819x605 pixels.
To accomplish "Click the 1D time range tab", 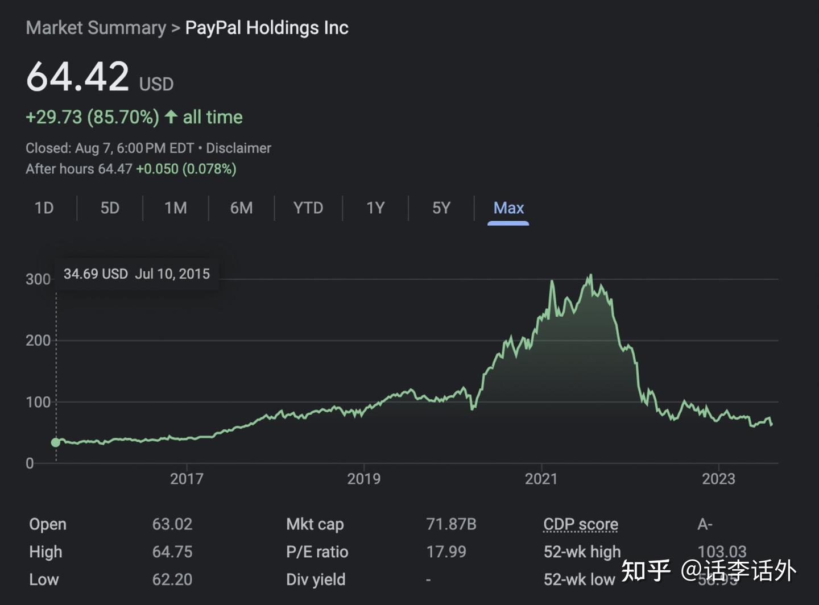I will [44, 208].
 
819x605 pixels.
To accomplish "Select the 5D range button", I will [110, 208].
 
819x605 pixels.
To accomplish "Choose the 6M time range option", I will [241, 208].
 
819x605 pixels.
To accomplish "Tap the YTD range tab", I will [308, 208].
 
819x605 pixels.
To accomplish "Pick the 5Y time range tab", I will [441, 208].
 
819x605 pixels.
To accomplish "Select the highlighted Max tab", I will [508, 208].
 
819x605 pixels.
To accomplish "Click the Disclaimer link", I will [238, 148].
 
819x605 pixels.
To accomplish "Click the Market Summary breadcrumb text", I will [96, 28].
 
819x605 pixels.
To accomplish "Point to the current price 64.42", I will [78, 77].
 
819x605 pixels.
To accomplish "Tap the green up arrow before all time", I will [171, 117].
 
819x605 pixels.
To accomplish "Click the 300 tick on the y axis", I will [38, 279].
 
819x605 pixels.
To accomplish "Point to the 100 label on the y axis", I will [38, 402].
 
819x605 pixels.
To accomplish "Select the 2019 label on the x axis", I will [364, 479].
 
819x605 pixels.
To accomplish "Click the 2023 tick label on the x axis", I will [718, 479].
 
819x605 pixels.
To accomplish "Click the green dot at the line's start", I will [56, 442].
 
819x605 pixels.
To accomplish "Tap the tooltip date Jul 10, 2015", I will [172, 274].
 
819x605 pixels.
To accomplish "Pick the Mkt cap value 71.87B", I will [451, 524].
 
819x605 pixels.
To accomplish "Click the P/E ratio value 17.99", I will [446, 552].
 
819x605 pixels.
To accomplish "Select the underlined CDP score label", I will [581, 524].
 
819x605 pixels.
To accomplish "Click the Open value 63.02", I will [172, 524].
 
